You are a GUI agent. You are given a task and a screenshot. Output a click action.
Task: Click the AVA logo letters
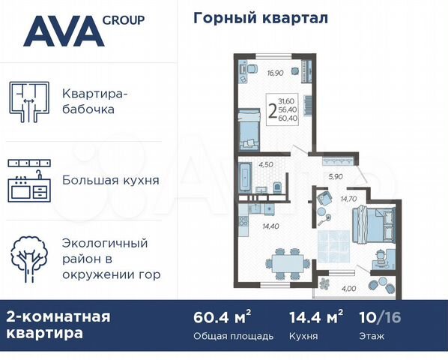pos(62,31)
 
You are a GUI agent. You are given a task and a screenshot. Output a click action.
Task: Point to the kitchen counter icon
pos(29,179)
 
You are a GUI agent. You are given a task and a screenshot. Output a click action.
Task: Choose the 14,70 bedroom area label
pos(349,198)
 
